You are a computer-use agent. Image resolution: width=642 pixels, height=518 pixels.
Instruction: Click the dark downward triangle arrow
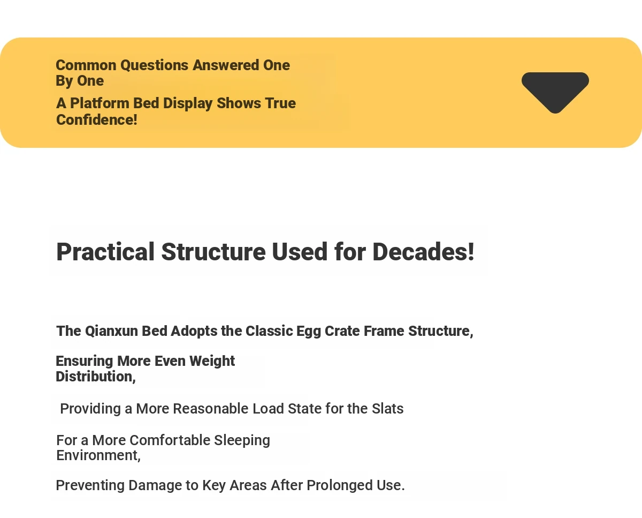pos(555,91)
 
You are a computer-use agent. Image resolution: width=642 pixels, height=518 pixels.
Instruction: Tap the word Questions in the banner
pos(154,65)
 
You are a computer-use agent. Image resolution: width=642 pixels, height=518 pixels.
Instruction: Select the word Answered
pos(226,65)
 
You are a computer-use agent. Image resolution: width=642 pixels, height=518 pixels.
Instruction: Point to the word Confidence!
pos(97,120)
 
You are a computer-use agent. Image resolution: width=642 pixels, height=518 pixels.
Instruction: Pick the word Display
pos(188,104)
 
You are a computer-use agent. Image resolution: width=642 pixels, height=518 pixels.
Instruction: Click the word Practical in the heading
pos(105,252)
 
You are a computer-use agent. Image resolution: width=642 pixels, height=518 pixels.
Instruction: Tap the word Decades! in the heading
pos(423,252)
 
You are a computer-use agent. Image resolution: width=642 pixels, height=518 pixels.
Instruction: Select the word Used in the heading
pos(300,252)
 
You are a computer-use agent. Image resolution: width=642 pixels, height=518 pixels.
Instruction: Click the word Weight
pos(212,362)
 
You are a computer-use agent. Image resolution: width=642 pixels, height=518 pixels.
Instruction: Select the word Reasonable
pos(211,409)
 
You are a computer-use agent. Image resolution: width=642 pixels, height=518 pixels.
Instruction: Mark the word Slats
pos(387,409)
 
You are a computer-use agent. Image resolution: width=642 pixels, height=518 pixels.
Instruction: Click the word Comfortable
pos(170,440)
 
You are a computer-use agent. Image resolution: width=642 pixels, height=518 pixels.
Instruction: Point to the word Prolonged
pos(340,486)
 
